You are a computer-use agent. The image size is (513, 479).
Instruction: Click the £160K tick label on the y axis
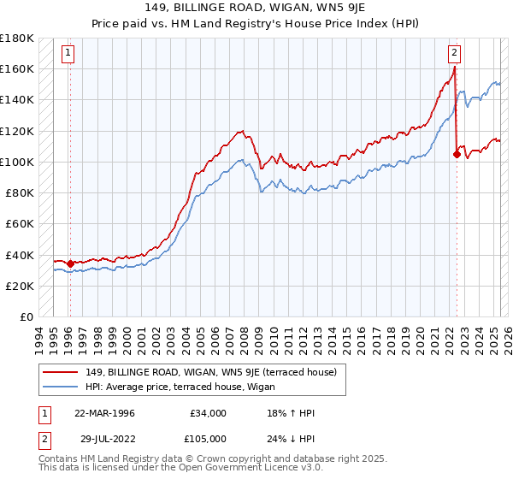(18, 68)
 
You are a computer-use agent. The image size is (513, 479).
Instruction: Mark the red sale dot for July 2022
(457, 154)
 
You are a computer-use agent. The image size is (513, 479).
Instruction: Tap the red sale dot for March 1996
(70, 263)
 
